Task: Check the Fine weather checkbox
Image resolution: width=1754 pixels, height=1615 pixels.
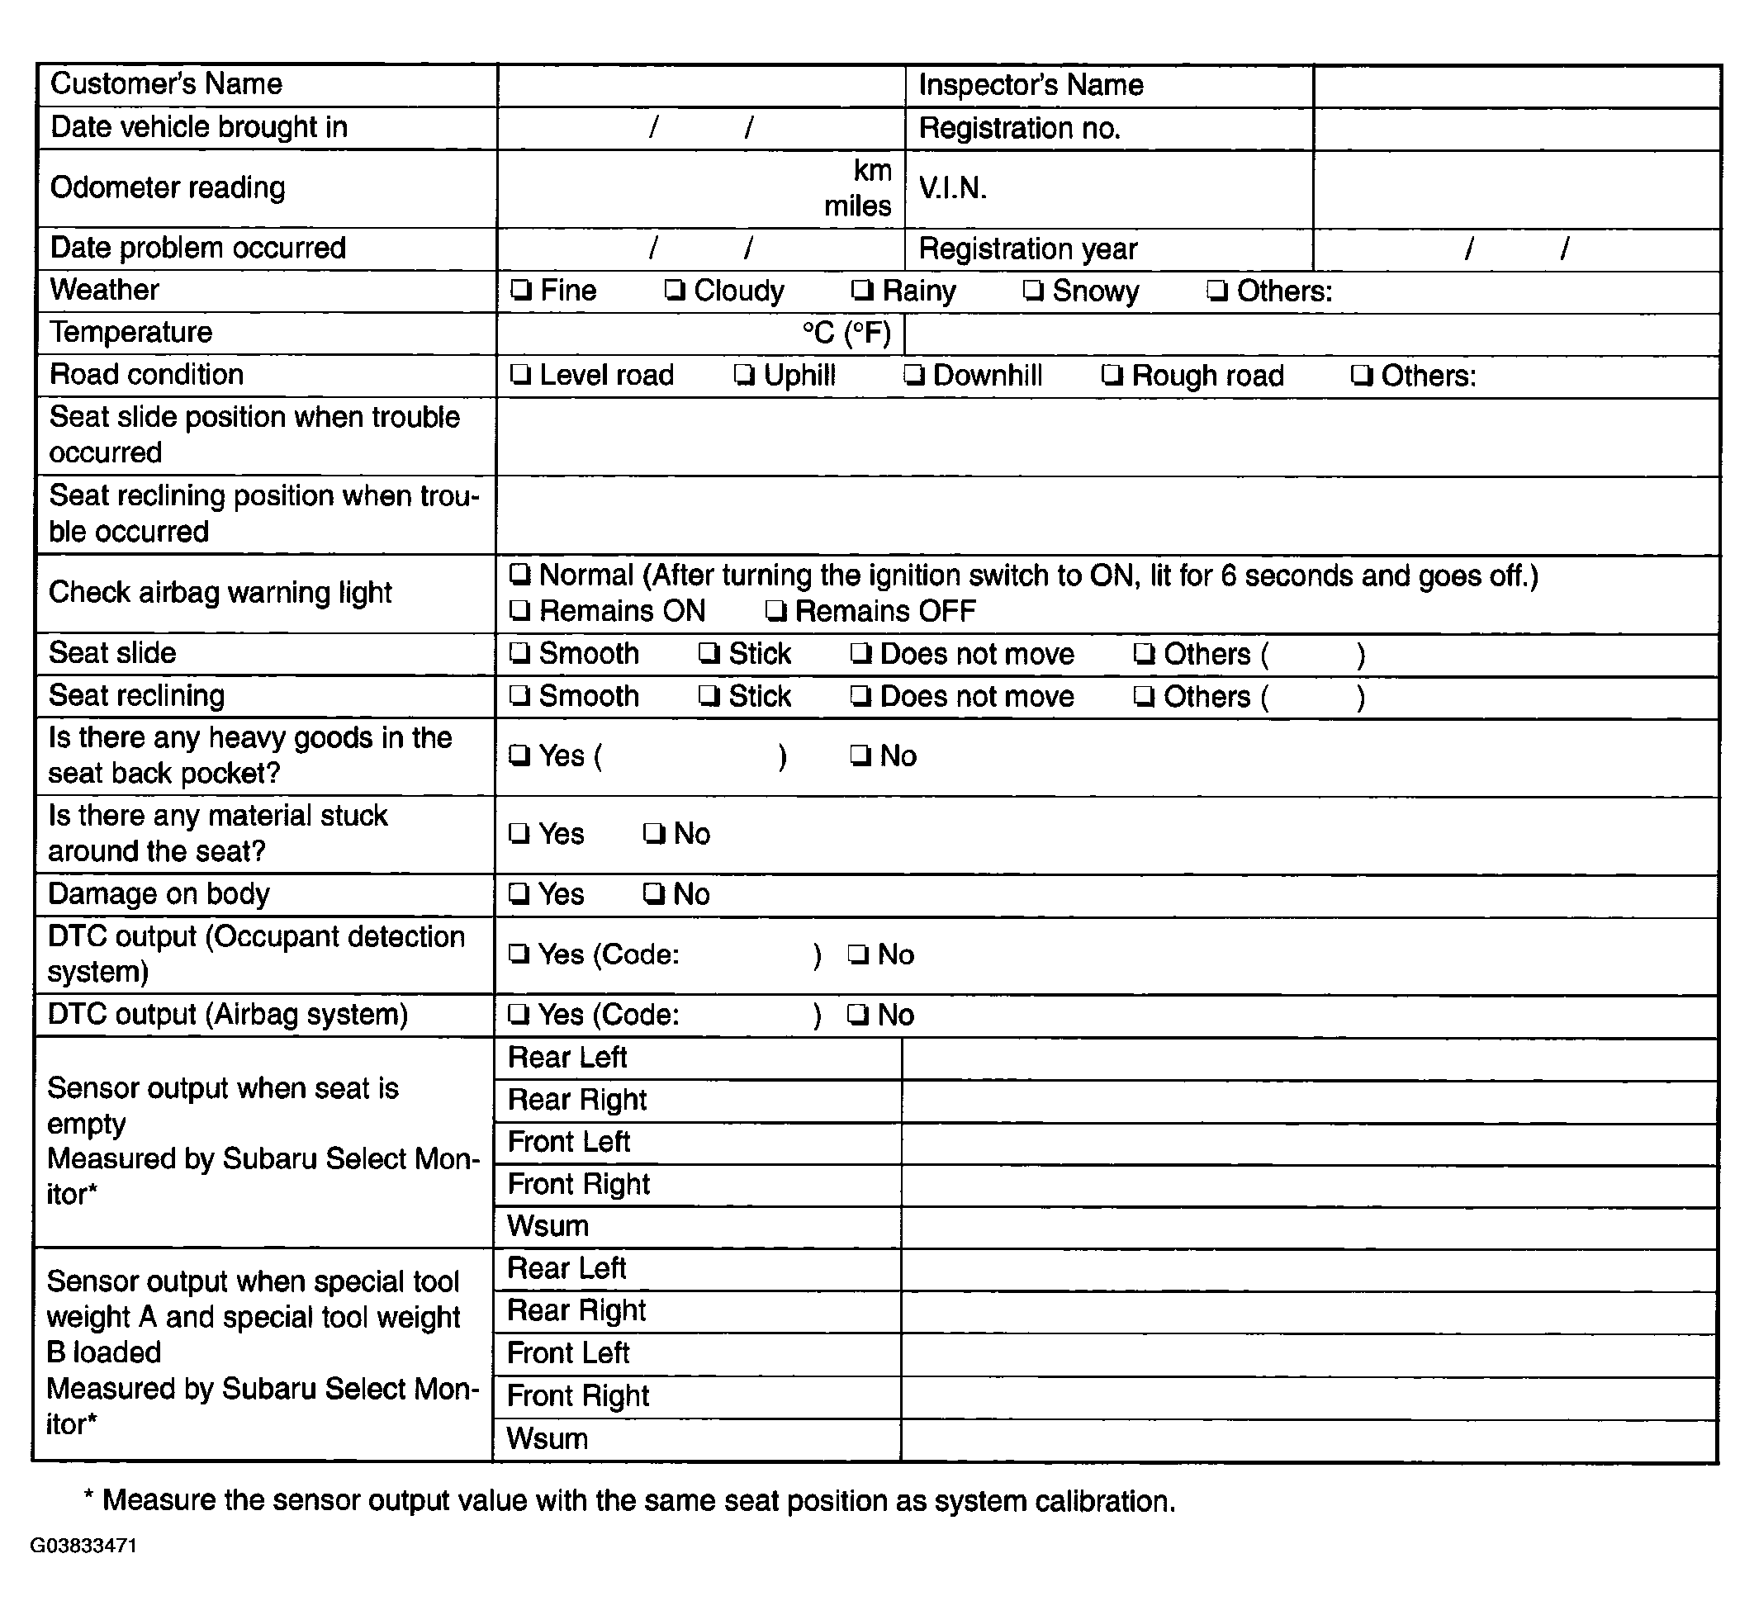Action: [521, 289]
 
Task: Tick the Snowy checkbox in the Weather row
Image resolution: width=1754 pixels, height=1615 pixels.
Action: [1033, 289]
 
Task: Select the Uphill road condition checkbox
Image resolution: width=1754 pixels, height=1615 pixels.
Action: [744, 375]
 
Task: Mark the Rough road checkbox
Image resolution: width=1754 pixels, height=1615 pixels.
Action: [1112, 375]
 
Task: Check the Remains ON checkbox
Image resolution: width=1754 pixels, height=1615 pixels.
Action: [520, 610]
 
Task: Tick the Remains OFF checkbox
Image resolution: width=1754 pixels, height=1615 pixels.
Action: [776, 610]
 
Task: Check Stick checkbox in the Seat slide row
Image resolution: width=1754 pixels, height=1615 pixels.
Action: [709, 653]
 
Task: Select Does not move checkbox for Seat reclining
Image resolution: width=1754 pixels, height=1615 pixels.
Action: [860, 696]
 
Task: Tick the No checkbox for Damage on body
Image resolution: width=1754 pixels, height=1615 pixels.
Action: [654, 893]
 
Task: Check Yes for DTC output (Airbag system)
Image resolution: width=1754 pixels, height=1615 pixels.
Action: [519, 1014]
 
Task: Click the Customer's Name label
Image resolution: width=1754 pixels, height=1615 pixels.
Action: [166, 84]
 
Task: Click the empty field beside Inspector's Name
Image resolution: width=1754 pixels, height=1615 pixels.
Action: [1516, 86]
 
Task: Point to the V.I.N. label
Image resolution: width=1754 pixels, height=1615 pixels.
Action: [953, 188]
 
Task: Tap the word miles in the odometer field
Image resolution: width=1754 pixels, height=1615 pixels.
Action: [857, 206]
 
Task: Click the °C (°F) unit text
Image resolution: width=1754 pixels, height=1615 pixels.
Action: [846, 333]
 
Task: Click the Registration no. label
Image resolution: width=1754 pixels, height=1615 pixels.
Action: [1019, 129]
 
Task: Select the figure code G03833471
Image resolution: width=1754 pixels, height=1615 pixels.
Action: [84, 1545]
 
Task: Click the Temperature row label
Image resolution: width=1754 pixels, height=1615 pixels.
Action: [131, 332]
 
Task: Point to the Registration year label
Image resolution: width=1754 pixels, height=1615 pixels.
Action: [1028, 249]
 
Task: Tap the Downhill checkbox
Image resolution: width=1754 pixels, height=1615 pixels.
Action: [914, 375]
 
